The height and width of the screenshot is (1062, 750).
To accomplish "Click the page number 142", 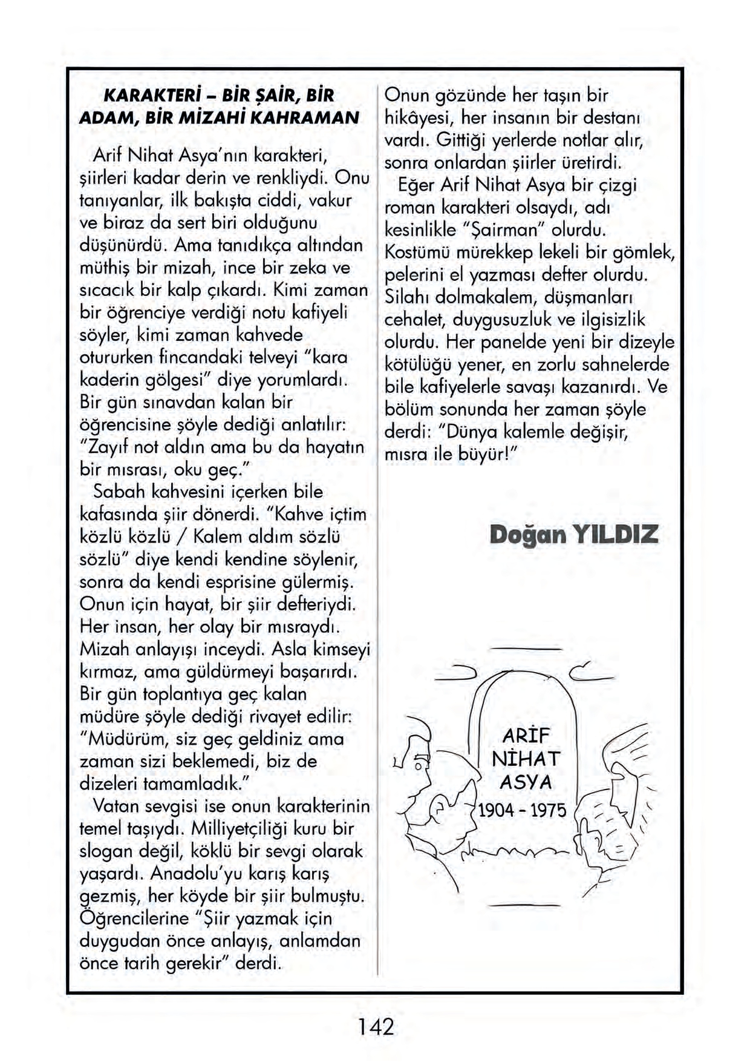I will pyautogui.click(x=376, y=1027).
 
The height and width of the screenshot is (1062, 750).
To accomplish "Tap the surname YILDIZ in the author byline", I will pyautogui.click(x=615, y=535).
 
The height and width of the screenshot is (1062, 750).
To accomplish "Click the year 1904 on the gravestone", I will pyautogui.click(x=495, y=810).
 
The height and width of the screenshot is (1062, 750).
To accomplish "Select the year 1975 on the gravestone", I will pyautogui.click(x=548, y=810).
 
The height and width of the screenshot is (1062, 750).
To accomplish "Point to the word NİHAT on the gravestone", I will pyautogui.click(x=526, y=759).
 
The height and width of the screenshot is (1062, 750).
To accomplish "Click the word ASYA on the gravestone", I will pyautogui.click(x=526, y=782).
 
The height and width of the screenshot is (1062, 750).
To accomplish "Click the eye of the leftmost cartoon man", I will pyautogui.click(x=417, y=767).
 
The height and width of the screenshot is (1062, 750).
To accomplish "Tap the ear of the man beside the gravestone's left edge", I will pyautogui.click(x=437, y=810).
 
